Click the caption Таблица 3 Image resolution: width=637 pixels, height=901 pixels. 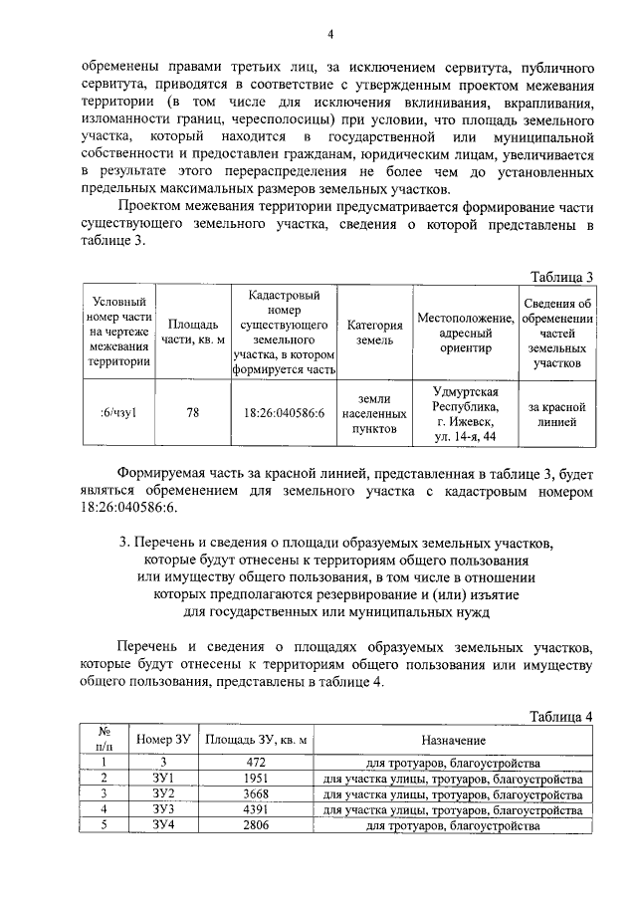[561, 277]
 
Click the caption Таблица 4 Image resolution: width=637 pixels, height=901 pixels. [561, 716]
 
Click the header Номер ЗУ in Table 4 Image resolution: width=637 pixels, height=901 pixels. [163, 741]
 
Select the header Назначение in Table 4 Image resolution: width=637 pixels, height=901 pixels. [453, 741]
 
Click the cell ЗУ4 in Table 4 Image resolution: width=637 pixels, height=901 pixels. [163, 826]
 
